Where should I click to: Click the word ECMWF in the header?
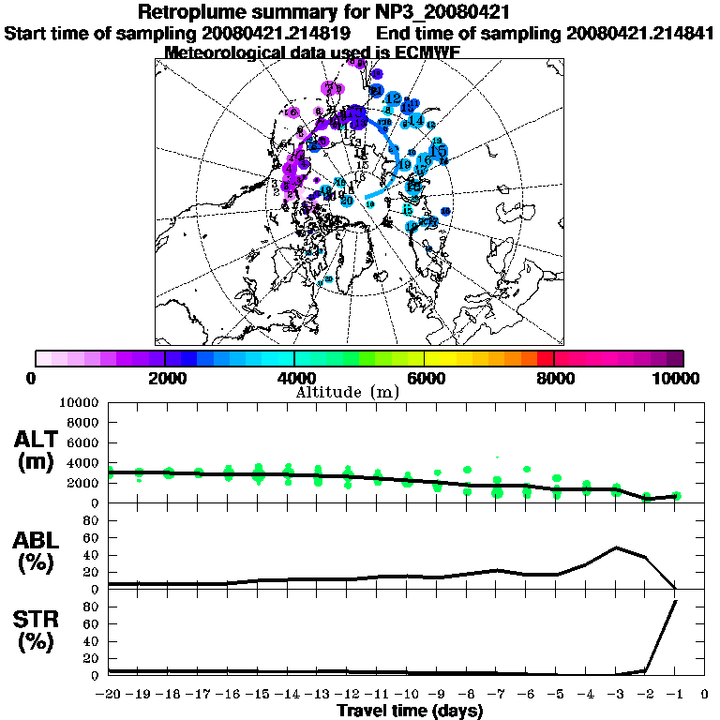[x=422, y=52]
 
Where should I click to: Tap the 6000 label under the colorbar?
[x=424, y=378]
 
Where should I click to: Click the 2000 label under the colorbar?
[x=165, y=378]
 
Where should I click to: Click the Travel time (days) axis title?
[x=410, y=711]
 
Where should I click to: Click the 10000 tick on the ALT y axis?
[x=81, y=402]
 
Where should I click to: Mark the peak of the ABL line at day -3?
[x=616, y=547]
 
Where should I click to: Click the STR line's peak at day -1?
[x=676, y=602]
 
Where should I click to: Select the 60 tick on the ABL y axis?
[x=92, y=538]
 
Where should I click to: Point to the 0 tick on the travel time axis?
[x=705, y=695]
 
